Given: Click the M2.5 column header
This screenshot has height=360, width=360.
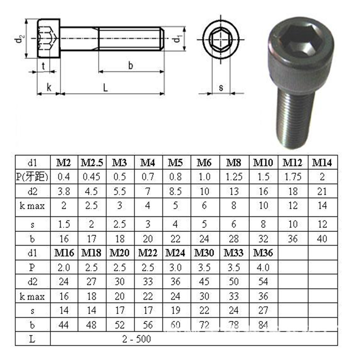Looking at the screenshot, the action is [92, 163].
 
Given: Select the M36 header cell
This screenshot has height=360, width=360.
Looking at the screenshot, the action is [263, 253].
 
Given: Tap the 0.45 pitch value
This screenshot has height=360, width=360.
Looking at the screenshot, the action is [91, 177].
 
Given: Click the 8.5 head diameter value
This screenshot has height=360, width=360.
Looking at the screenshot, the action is [175, 191].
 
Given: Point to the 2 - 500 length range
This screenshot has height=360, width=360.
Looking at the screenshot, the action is [137, 339].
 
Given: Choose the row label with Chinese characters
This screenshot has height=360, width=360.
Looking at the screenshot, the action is [32, 177].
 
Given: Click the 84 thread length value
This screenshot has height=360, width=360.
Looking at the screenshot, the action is [263, 325].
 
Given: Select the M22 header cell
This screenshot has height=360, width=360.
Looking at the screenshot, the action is [148, 253].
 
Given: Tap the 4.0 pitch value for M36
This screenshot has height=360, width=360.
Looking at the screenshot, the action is [263, 267].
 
